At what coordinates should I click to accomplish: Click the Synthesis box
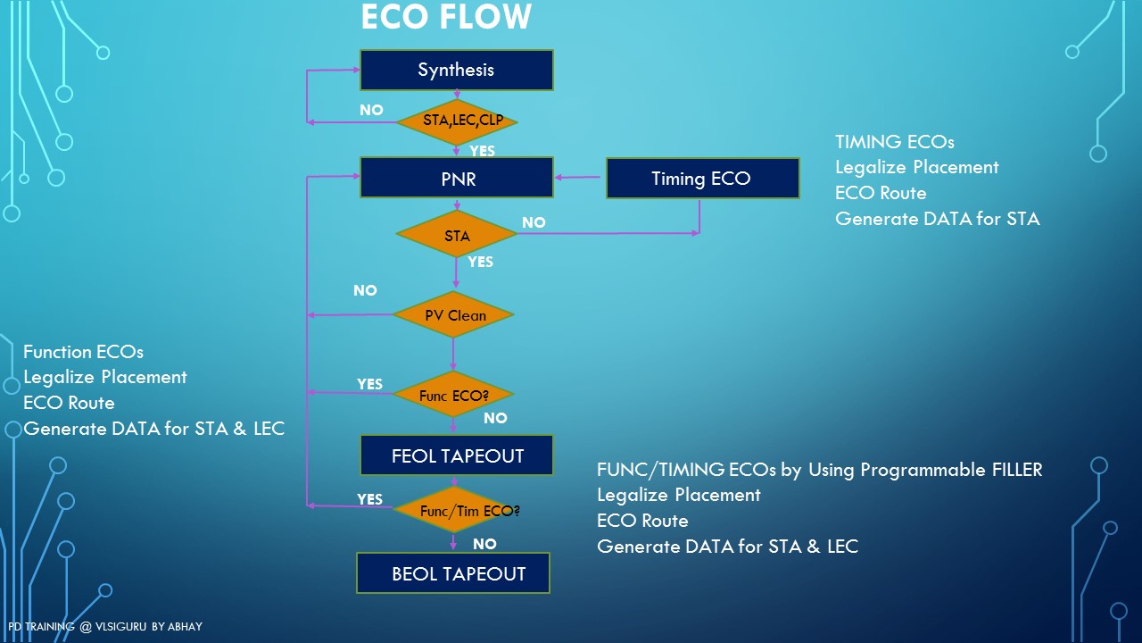[456, 70]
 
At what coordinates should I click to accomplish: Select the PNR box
[456, 178]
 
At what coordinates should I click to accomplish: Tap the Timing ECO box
[702, 179]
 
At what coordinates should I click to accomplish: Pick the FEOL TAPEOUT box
[457, 455]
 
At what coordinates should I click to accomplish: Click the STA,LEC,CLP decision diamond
[457, 121]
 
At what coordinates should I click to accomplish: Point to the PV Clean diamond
[454, 315]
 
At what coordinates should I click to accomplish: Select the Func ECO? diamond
[454, 395]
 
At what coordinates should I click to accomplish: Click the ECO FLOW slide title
[446, 17]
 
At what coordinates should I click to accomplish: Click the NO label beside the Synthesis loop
[371, 110]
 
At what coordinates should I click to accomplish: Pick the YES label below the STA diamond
[480, 262]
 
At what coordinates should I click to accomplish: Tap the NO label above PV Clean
[365, 290]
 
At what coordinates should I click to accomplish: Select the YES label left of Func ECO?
[369, 384]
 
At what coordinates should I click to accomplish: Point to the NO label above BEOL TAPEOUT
[484, 544]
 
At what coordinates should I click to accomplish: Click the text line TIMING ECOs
[894, 142]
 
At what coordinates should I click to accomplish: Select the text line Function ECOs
[83, 352]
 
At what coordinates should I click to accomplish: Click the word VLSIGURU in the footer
[121, 627]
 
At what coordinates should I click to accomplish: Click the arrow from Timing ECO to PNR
[580, 178]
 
